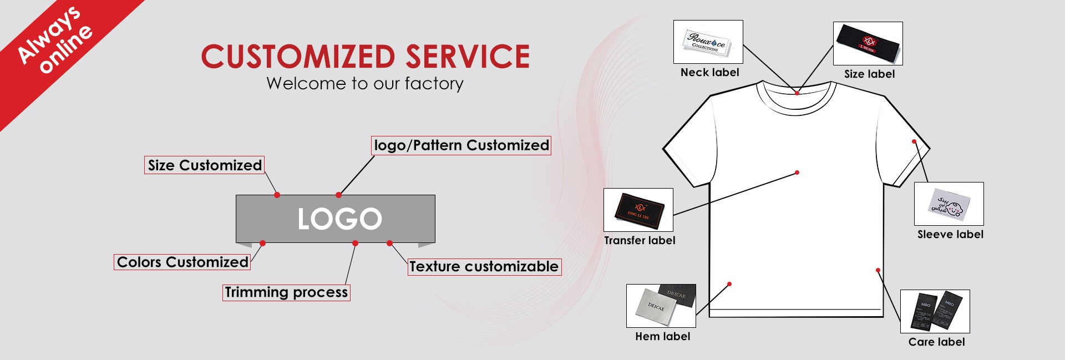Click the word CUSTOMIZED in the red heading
click(298, 57)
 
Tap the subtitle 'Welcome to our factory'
click(364, 83)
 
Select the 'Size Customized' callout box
click(204, 165)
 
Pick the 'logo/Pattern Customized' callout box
click(461, 145)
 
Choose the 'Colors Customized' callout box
click(182, 262)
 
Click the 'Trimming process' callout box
click(286, 292)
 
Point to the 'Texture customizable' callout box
click(484, 267)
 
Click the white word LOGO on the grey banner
click(339, 219)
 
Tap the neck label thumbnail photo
click(708, 42)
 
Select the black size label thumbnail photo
click(868, 43)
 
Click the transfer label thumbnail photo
click(638, 210)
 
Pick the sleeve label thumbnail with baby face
click(949, 204)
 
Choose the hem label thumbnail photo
click(661, 306)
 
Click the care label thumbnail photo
click(935, 311)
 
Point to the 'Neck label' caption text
click(709, 73)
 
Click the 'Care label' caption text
click(936, 342)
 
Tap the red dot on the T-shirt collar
click(797, 93)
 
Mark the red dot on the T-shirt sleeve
click(914, 142)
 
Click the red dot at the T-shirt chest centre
click(797, 173)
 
